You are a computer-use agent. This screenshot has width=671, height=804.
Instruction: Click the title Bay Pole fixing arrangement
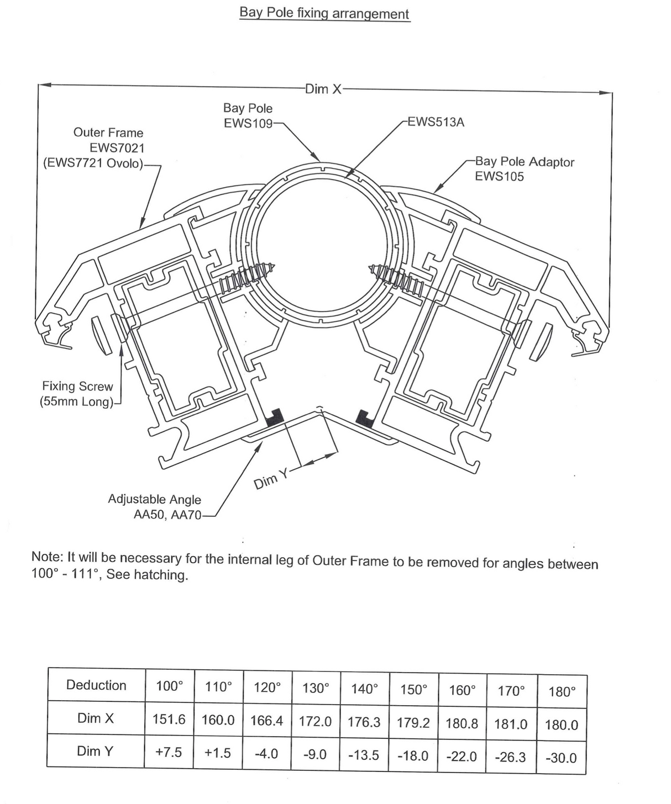pyautogui.click(x=324, y=13)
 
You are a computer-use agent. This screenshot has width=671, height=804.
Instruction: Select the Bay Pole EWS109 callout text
pyautogui.click(x=248, y=115)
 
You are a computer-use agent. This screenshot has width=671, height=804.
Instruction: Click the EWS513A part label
pyautogui.click(x=436, y=122)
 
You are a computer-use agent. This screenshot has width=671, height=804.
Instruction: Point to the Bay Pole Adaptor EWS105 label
pyautogui.click(x=524, y=169)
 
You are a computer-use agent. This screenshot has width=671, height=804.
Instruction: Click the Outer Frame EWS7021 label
pyautogui.click(x=108, y=148)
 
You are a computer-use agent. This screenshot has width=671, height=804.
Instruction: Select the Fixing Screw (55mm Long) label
pyautogui.click(x=77, y=394)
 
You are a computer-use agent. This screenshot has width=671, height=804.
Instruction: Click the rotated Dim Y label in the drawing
pyautogui.click(x=271, y=479)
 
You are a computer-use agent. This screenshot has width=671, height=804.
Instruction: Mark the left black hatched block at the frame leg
pyautogui.click(x=275, y=417)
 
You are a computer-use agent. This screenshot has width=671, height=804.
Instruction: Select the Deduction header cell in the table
pyautogui.click(x=96, y=685)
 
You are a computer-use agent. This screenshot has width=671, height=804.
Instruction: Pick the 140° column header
pyautogui.click(x=364, y=689)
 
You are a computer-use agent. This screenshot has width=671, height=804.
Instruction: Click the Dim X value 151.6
pyautogui.click(x=169, y=720)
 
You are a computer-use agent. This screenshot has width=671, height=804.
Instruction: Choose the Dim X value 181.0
pyautogui.click(x=511, y=724)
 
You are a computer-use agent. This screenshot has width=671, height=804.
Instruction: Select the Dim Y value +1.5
pyautogui.click(x=218, y=753)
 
